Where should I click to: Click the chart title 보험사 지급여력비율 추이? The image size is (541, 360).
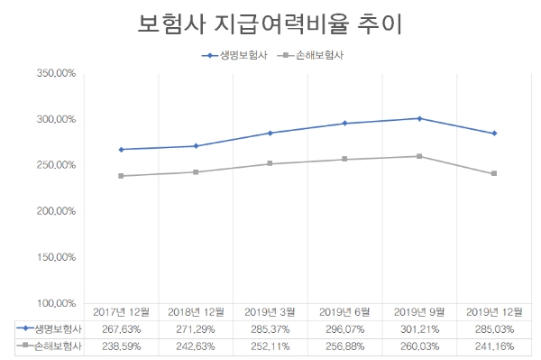tap(270, 23)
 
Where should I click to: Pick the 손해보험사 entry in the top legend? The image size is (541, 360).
tap(313, 56)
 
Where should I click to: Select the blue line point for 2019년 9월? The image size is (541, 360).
tap(419, 118)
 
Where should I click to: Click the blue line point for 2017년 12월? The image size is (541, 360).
tap(121, 149)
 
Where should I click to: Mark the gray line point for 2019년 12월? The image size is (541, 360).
tap(494, 173)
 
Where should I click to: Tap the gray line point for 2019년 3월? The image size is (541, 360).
tap(270, 163)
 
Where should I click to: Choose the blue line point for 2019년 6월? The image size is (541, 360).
tap(344, 123)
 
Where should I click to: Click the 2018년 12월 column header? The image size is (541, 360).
tap(195, 311)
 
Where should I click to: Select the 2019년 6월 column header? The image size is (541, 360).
tap(344, 311)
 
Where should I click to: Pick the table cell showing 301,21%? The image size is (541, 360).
tap(419, 328)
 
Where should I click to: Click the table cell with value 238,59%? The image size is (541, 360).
tap(121, 345)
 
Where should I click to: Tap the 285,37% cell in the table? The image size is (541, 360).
tap(270, 328)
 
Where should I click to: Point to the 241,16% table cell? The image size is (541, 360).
tap(494, 345)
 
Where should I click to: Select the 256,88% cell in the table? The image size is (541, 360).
tap(344, 345)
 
